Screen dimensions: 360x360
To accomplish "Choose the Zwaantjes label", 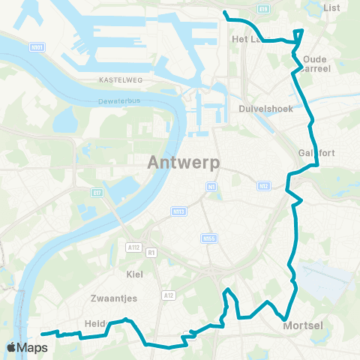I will point(118,298).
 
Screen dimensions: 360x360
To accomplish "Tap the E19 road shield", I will point(262,9).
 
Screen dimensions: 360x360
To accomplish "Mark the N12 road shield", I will point(262,185).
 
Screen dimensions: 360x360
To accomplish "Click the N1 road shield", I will point(211,186).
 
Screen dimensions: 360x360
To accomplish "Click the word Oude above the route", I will point(316,58).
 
